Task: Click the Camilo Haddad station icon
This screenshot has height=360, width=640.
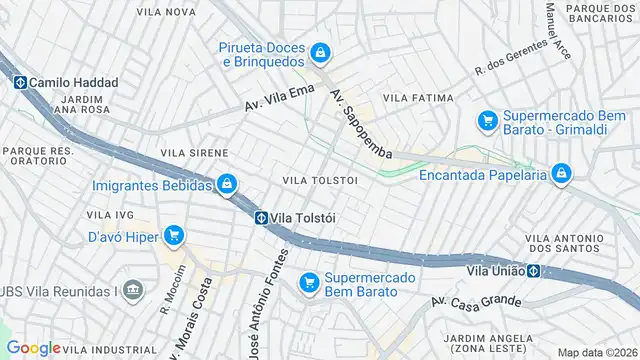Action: click(x=20, y=83)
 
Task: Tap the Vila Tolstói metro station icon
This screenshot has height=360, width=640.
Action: click(x=260, y=218)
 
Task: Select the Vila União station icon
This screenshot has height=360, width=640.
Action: click(x=535, y=270)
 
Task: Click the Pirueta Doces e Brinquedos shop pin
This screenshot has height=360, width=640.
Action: click(x=319, y=51)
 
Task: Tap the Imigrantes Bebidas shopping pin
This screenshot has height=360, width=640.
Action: click(x=228, y=185)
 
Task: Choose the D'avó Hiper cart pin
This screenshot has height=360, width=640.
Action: click(x=174, y=236)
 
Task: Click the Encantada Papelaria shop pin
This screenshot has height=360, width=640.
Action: click(x=561, y=174)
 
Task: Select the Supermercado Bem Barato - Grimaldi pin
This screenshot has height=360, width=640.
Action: click(x=488, y=121)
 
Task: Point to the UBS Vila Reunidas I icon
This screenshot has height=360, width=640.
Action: click(x=136, y=291)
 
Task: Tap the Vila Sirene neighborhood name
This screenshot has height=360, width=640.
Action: click(x=188, y=153)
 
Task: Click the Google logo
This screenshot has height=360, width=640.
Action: click(x=33, y=348)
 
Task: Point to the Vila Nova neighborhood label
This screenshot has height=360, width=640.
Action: click(x=168, y=12)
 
